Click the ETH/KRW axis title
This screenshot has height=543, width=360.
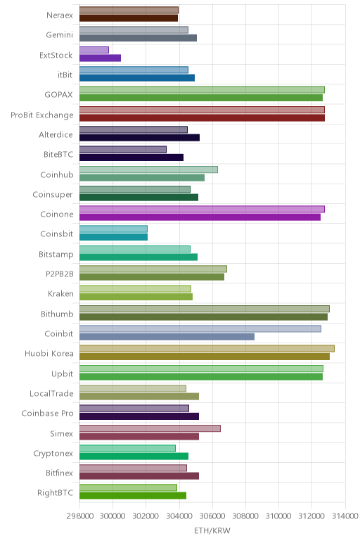coord(212,530)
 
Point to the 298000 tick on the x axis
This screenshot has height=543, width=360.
coord(79,516)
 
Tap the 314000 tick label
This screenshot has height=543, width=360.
coord(345,516)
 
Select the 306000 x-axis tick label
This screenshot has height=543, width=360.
coord(212,516)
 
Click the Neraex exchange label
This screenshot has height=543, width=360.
coord(60,15)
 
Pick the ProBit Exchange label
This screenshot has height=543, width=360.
coord(42,115)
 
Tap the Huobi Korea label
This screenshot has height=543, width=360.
coord(49,353)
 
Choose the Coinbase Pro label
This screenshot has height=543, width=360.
coord(47,413)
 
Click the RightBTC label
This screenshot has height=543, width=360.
coord(56,492)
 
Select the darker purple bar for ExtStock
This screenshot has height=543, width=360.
coord(100,58)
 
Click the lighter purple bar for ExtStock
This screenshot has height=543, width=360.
coord(94,50)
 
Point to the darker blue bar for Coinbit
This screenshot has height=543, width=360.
coord(167,337)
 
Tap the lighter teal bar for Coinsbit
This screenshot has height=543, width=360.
coord(113,229)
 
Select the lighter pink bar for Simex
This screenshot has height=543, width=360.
coord(150,428)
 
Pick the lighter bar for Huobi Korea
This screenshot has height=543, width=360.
coord(207,348)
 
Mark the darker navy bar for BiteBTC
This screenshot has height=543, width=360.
coord(131,158)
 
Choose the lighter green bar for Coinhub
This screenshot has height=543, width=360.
coord(148,170)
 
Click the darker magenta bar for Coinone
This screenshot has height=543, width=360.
coord(200,217)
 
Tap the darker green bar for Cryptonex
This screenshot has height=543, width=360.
coord(134,456)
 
